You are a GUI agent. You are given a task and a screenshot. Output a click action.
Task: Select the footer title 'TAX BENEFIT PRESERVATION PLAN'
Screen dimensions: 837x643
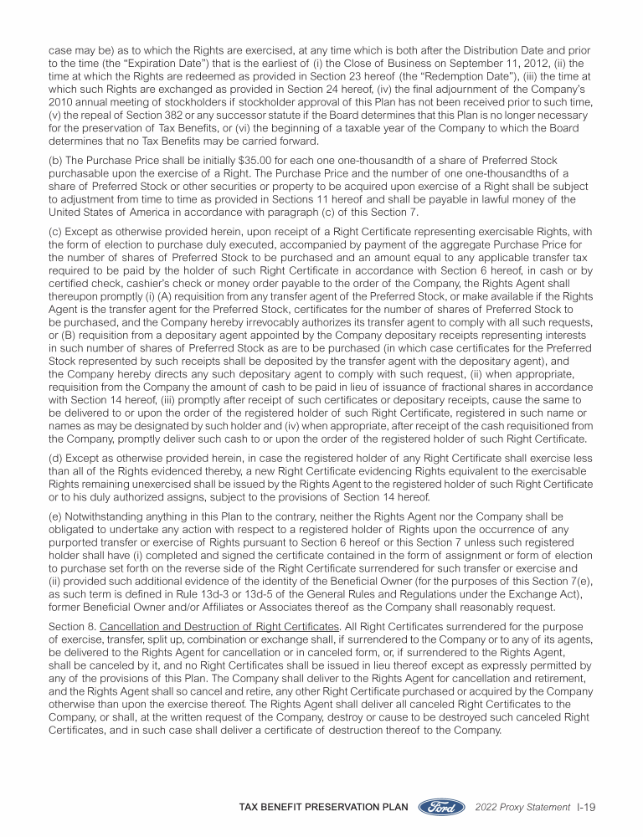tap(324, 808)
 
